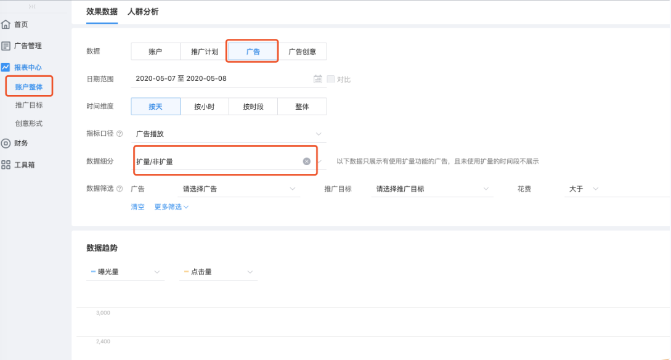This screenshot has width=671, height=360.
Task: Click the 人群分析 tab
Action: tap(143, 12)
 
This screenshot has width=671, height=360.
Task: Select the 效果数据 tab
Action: tap(102, 12)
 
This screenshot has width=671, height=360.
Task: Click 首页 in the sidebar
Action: tap(21, 25)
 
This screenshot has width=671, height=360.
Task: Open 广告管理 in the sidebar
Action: tap(28, 46)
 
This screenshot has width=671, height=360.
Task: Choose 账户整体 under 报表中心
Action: tap(29, 87)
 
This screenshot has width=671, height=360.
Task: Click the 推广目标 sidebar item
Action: tap(29, 105)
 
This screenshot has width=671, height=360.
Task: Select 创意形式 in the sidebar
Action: tap(29, 124)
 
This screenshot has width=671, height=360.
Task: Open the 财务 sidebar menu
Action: tap(21, 143)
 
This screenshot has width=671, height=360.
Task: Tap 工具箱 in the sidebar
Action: tap(24, 165)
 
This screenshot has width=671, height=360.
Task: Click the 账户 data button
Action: tap(155, 52)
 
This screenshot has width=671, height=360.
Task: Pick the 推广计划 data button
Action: tap(205, 52)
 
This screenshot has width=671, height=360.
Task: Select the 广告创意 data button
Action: tap(302, 52)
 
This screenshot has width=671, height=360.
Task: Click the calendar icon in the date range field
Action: tap(318, 79)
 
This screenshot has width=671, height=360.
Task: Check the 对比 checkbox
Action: tap(331, 79)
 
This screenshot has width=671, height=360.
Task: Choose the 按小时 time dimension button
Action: tap(205, 107)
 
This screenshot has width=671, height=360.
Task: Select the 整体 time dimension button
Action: tap(302, 107)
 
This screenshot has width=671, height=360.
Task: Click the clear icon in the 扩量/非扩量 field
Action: tap(306, 162)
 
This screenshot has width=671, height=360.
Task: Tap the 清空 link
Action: tap(137, 207)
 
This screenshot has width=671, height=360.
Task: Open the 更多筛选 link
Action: tap(171, 207)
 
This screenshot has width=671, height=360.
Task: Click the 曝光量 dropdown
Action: tap(126, 272)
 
